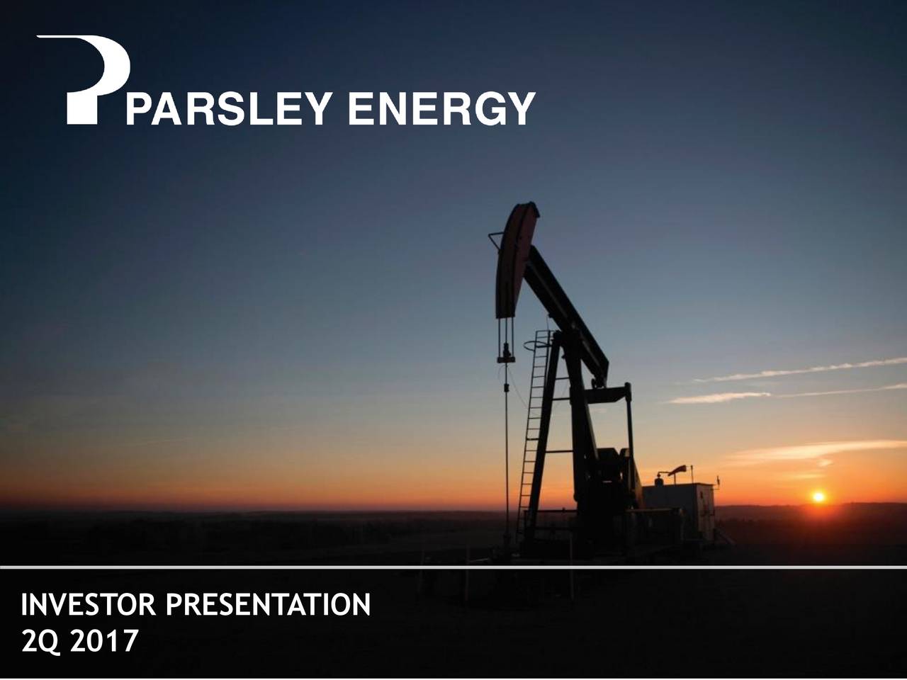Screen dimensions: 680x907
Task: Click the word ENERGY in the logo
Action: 441,110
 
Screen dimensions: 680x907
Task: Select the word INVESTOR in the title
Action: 89,606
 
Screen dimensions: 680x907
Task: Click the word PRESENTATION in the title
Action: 267,606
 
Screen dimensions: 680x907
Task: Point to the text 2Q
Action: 41,642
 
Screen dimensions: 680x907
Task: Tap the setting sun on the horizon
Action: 818,497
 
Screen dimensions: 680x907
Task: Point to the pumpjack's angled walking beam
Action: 567,312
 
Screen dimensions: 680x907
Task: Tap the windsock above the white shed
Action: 677,470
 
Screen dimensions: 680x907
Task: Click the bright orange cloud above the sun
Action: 815,450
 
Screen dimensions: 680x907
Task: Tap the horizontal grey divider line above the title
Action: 453,567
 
